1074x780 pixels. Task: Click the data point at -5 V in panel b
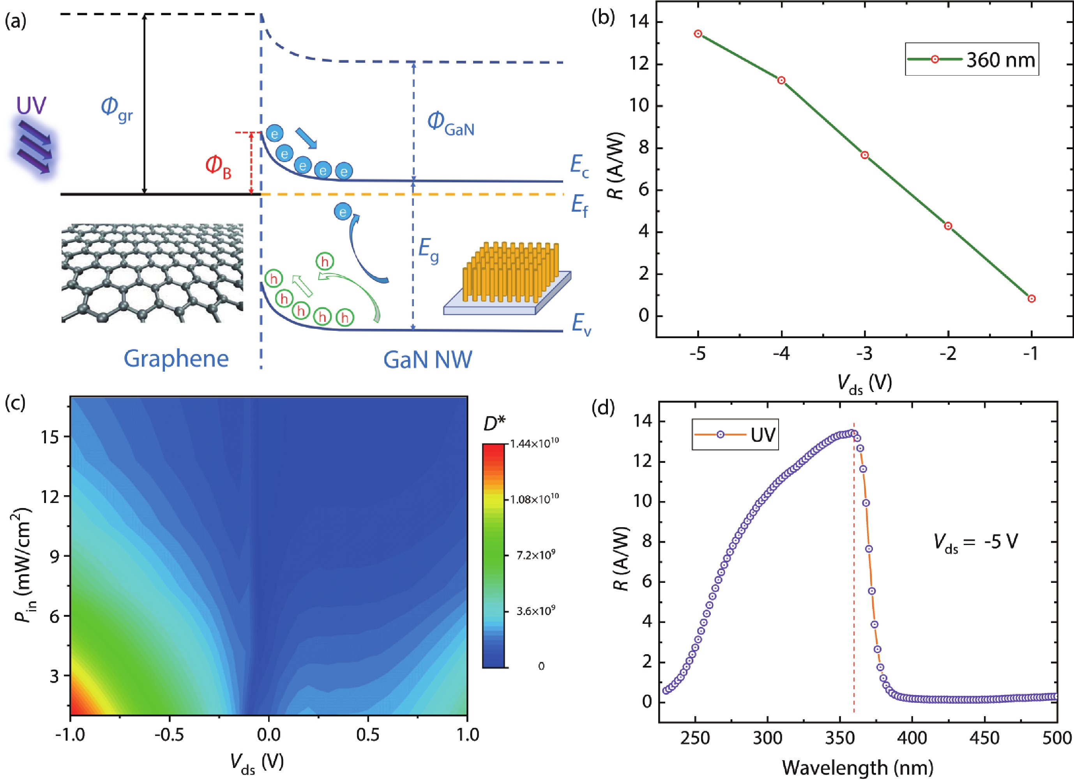[698, 34]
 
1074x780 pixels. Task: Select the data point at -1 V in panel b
[1032, 299]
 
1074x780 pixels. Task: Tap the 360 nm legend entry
[972, 60]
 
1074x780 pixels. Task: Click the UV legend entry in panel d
[735, 434]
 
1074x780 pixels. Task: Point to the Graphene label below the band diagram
[176, 359]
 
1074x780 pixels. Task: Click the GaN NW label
[427, 360]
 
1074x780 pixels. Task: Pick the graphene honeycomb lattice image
[152, 273]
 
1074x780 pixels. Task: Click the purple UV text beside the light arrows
[31, 106]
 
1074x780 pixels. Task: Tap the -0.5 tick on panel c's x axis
[170, 735]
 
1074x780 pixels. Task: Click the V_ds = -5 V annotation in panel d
[975, 542]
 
